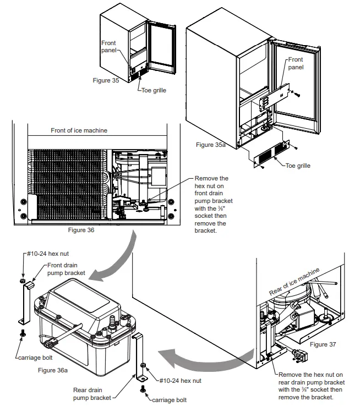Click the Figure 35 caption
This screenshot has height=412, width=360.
(106, 80)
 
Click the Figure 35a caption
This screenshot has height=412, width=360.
(211, 145)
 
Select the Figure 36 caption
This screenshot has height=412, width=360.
(80, 230)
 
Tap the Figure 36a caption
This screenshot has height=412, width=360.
(53, 370)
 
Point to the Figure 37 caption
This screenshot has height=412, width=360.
(323, 344)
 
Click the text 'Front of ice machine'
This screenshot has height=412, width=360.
(79, 130)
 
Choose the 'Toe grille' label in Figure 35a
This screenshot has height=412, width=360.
(298, 165)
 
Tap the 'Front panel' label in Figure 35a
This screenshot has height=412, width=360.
(296, 63)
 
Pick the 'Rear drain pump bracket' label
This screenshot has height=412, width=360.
(94, 393)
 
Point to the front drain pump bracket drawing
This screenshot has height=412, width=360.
(25, 305)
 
